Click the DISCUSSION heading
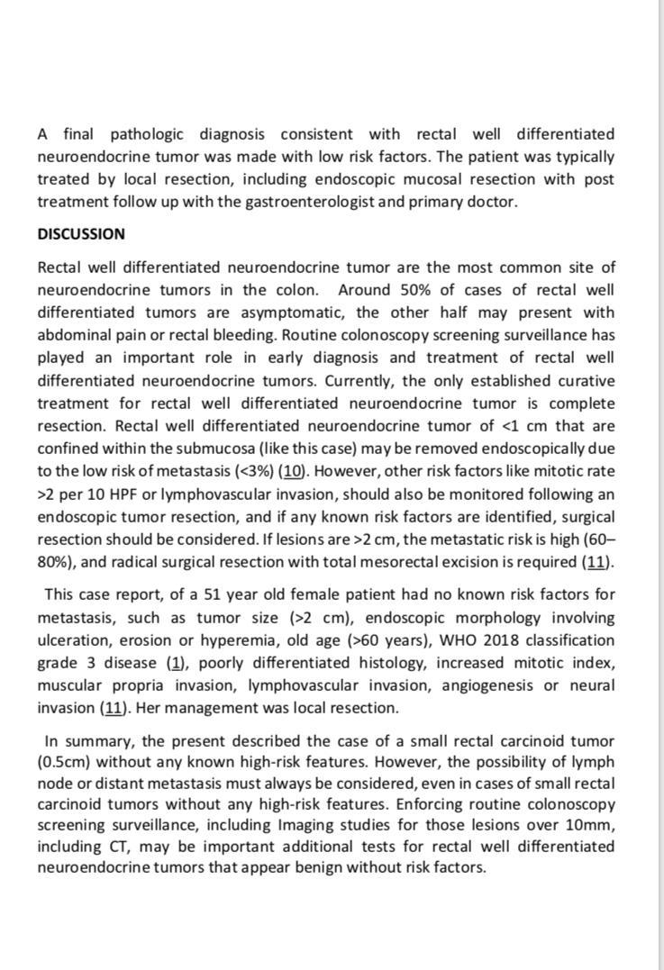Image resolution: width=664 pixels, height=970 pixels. [x=81, y=234]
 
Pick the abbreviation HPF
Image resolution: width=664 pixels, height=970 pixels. [x=120, y=494]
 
